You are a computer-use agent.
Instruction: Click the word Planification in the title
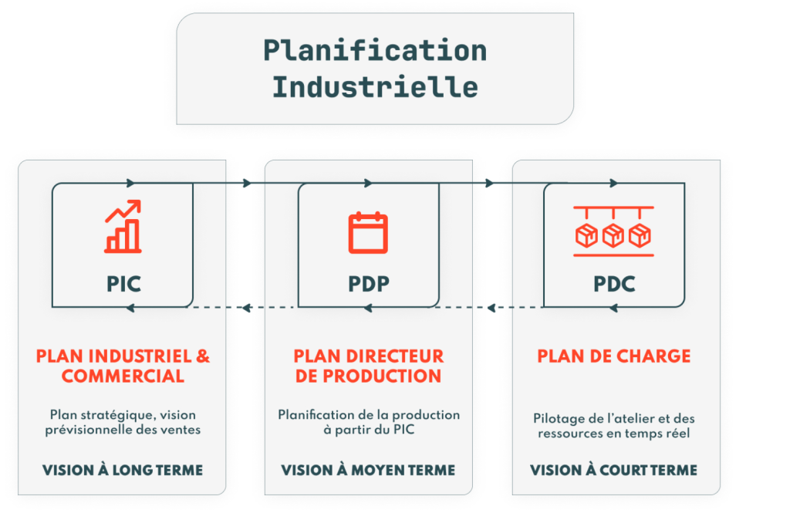(375, 51)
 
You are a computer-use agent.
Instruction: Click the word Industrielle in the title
(375, 86)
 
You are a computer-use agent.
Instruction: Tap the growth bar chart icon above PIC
(123, 227)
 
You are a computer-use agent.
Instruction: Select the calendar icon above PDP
(368, 232)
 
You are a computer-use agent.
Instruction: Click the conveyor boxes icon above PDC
(613, 230)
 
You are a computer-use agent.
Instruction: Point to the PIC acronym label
(123, 284)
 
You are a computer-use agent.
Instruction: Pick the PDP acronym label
(368, 284)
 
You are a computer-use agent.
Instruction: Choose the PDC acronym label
(614, 284)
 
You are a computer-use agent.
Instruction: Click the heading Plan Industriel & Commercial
(123, 366)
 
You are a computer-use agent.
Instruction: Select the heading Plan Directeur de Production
(368, 366)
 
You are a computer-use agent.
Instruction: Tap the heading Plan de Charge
(614, 356)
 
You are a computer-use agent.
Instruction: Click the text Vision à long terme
(123, 470)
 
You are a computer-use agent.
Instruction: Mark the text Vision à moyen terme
(368, 470)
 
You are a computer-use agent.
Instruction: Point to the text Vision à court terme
(614, 470)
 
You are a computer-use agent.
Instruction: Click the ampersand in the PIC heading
(202, 356)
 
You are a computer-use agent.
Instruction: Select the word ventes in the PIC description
(182, 430)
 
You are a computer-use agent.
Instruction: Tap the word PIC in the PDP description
(403, 430)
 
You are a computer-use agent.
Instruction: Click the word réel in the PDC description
(680, 434)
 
